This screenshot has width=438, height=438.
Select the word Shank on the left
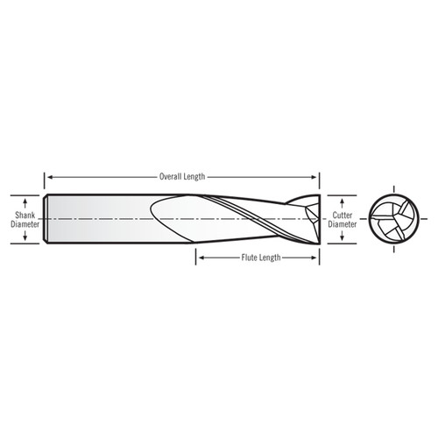coord(25,212)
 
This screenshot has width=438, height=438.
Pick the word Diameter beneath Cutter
coord(343,223)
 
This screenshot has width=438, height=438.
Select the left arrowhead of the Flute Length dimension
coord(200,258)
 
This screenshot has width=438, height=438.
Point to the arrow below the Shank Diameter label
coord(25,237)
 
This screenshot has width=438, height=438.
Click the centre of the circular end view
coord(392,218)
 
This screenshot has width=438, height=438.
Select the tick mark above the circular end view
coord(392,187)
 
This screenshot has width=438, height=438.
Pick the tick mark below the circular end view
coord(392,249)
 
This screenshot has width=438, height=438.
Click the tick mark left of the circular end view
coord(363,218)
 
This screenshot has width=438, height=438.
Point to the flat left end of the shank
coord(46,217)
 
